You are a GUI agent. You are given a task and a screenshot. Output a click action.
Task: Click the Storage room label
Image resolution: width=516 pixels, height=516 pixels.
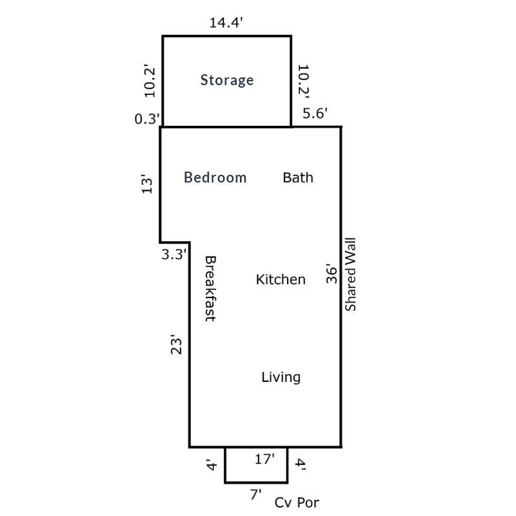[x=227, y=81]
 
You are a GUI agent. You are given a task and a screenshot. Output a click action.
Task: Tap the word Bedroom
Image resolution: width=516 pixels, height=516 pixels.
[x=215, y=177]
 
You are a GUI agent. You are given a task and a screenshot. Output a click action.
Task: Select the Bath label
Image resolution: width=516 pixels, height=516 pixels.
[x=298, y=178]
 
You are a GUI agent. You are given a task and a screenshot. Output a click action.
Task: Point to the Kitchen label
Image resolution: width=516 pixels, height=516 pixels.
[x=281, y=279]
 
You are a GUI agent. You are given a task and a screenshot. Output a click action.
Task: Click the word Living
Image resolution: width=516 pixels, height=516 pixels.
[x=281, y=377]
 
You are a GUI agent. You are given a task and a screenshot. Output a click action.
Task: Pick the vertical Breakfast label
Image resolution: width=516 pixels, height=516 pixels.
[x=211, y=288]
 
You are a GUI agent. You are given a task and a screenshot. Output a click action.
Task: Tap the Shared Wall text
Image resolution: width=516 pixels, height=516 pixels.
[x=350, y=275]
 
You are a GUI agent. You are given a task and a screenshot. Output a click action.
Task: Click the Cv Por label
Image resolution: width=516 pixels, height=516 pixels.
[x=297, y=502]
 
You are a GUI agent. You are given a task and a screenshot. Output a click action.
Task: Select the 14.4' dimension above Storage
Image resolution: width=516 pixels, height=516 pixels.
[x=226, y=23]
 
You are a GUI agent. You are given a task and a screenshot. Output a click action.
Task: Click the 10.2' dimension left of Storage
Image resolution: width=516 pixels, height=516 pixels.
[x=149, y=81]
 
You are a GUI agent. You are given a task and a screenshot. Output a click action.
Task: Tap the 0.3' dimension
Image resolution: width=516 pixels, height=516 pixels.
[x=147, y=119]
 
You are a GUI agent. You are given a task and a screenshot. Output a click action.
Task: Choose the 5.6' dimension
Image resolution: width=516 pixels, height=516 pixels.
[x=315, y=114]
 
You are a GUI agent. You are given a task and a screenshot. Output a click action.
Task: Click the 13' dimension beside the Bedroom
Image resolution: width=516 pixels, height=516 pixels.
[x=147, y=184]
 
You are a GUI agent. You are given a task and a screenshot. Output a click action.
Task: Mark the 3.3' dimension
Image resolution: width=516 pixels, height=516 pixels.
[x=174, y=254]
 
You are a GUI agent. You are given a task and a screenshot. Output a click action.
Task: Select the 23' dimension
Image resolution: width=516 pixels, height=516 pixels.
[x=176, y=344]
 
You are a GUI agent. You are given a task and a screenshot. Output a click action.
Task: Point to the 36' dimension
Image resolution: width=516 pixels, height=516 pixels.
[x=332, y=273]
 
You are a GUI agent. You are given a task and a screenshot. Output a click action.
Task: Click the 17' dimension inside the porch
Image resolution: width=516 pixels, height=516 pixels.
[x=265, y=459]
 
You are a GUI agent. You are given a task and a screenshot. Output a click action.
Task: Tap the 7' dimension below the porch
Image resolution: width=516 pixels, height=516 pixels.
[x=255, y=494]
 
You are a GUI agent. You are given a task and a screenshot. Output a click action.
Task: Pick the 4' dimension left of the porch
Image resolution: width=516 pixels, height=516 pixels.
[x=211, y=464]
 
